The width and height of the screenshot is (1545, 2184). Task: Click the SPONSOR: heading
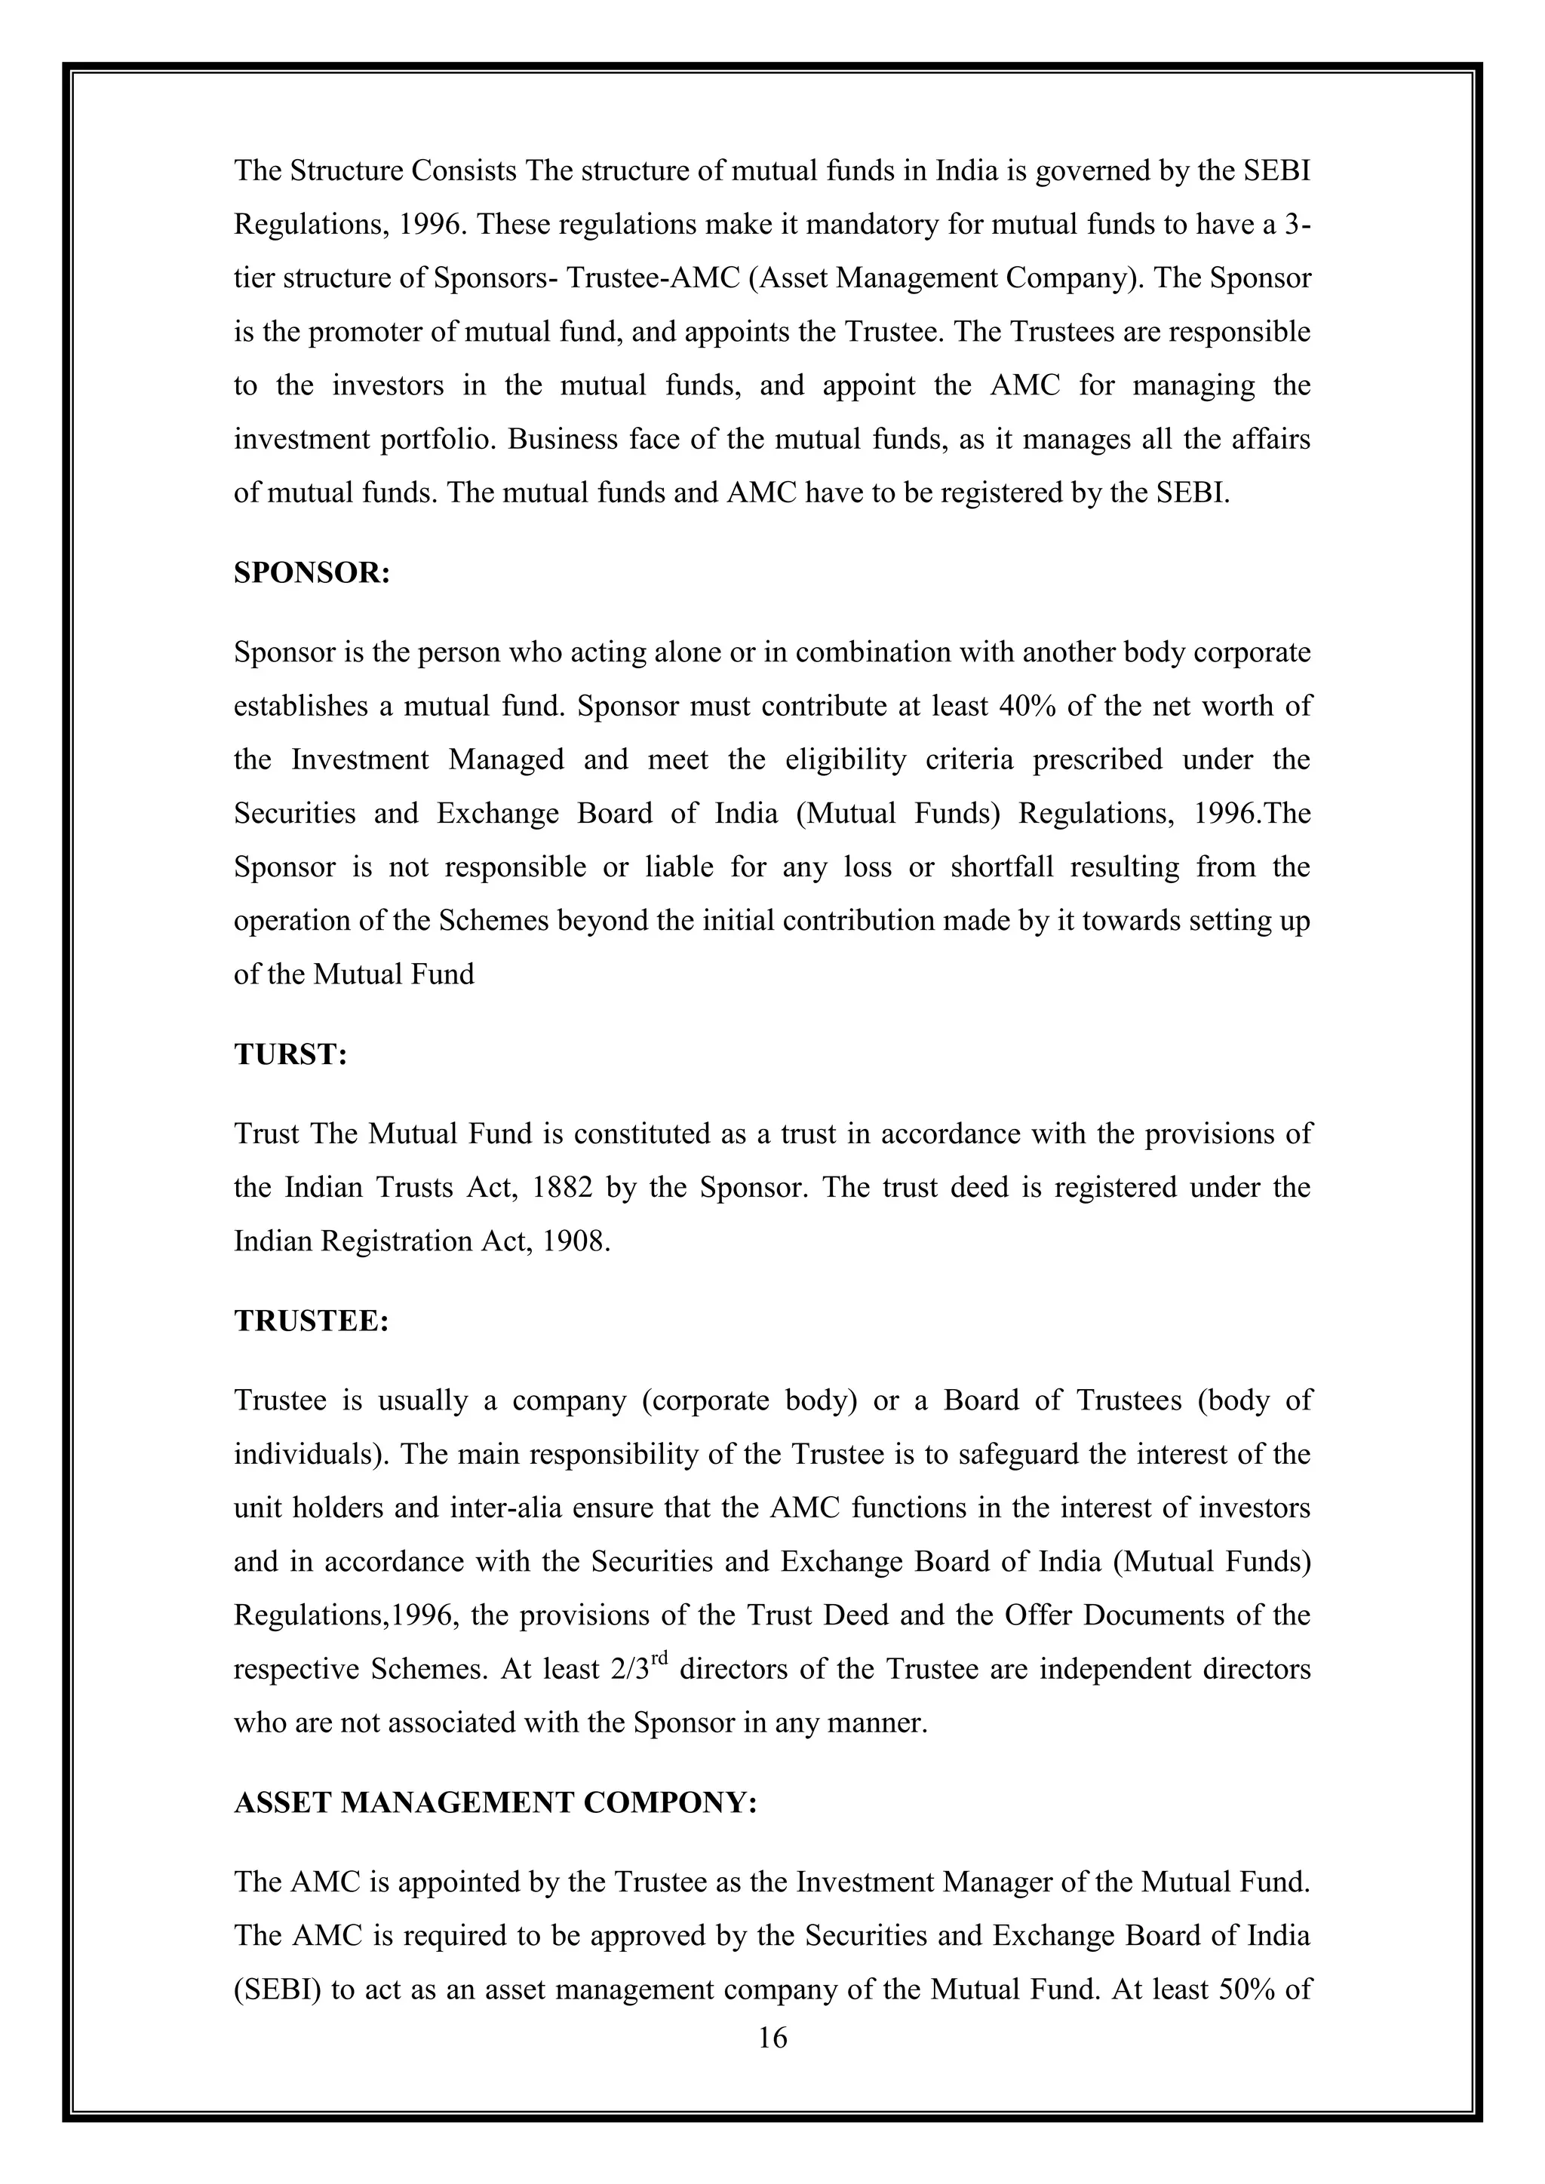(312, 574)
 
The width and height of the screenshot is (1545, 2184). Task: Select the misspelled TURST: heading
(290, 1055)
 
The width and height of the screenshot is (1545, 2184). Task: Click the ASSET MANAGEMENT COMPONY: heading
(495, 1802)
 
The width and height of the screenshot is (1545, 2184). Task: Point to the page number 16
(772, 2038)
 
